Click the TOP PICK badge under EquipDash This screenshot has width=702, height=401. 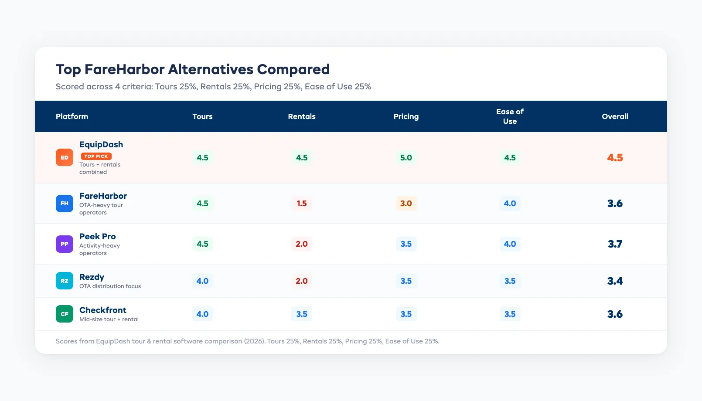tap(96, 156)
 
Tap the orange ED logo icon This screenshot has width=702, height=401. tap(65, 157)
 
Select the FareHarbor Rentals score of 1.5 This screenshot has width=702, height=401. tap(301, 204)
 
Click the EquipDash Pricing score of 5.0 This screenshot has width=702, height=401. tap(406, 157)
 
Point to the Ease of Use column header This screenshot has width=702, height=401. tap(510, 116)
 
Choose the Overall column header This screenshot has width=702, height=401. tap(615, 116)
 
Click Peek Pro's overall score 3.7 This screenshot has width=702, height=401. tap(615, 244)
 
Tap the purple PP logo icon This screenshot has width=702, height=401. tap(65, 244)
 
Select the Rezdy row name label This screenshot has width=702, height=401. tap(92, 277)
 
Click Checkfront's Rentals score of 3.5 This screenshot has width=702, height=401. tap(301, 314)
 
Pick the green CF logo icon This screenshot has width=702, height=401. tap(65, 314)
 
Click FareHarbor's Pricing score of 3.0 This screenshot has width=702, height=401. tap(406, 204)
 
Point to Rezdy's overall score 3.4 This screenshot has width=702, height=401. tap(615, 281)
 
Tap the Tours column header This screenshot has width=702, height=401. tap(202, 116)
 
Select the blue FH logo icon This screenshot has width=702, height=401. tap(65, 204)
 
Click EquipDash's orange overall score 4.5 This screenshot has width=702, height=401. tap(615, 157)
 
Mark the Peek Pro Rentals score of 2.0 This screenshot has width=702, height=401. tap(301, 244)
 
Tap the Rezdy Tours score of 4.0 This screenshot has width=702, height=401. tap(202, 281)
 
